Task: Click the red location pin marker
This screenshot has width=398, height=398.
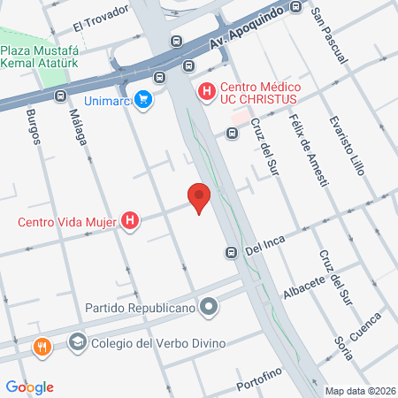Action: [x=199, y=198]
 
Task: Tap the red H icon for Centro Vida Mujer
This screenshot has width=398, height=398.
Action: [x=131, y=220]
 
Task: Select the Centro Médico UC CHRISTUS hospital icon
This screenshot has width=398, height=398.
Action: [x=206, y=90]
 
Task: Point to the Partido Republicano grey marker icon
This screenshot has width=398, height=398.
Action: [x=209, y=307]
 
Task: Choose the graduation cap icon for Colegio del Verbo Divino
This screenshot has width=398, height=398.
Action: [x=78, y=341]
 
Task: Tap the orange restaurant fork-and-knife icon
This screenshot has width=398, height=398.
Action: [x=41, y=348]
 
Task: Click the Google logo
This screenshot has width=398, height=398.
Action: [x=30, y=387]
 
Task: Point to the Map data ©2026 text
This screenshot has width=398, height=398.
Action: [x=360, y=390]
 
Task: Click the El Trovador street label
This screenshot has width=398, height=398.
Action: [x=101, y=19]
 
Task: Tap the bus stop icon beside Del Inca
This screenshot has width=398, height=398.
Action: [x=231, y=253]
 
